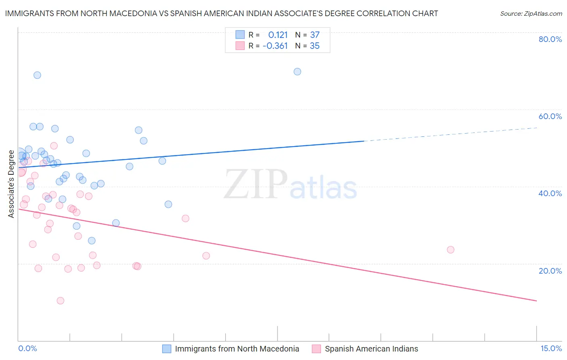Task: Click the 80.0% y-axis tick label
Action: click(x=550, y=39)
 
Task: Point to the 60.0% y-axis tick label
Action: click(x=550, y=116)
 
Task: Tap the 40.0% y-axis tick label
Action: click(x=550, y=193)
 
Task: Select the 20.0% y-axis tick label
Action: click(x=550, y=271)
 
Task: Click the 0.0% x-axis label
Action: click(x=27, y=348)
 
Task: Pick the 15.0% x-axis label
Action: click(x=551, y=348)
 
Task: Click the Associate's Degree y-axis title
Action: click(x=11, y=184)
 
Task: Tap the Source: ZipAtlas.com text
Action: click(x=531, y=14)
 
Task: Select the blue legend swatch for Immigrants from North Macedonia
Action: click(x=167, y=349)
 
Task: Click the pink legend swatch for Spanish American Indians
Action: click(x=317, y=349)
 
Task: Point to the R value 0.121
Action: click(x=278, y=35)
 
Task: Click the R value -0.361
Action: click(x=275, y=46)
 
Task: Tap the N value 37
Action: click(x=315, y=35)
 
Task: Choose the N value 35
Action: click(x=315, y=46)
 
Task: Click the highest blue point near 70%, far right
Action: click(x=297, y=72)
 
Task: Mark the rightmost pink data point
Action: click(x=450, y=250)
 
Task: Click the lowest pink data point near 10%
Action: click(x=60, y=301)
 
